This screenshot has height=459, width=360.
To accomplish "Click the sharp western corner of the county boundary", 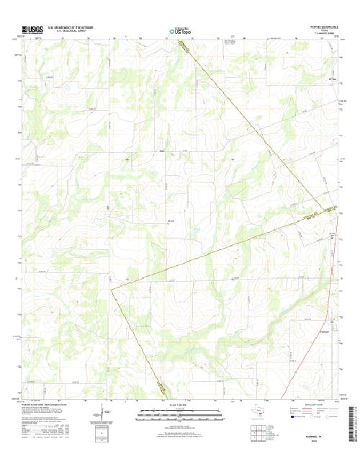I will (110, 289).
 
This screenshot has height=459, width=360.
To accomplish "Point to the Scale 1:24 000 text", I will (179, 406).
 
